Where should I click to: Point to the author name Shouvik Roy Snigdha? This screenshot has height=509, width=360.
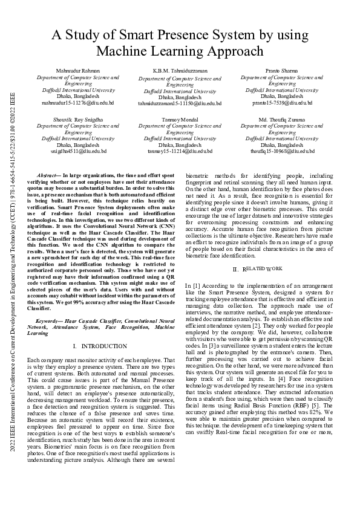click(78, 120)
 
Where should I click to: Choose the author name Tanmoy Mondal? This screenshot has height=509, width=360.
click(180, 120)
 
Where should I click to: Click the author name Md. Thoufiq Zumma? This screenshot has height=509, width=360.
click(282, 120)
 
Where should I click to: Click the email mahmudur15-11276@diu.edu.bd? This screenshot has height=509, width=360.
click(78, 103)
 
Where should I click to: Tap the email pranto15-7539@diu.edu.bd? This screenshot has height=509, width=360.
click(282, 103)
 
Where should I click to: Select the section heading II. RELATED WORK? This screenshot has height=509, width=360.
click(257, 268)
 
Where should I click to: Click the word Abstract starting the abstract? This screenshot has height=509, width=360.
click(48, 174)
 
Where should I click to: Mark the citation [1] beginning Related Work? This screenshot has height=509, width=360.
click(196, 284)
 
